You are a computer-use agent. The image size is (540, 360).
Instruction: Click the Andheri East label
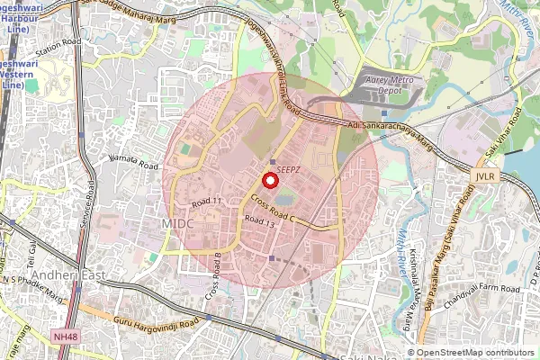[x=68, y=274]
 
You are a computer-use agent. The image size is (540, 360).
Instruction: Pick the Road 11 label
[x=206, y=202]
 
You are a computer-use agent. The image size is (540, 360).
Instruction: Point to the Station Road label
[x=58, y=43]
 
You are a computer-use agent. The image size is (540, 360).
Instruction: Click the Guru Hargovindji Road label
[x=156, y=320]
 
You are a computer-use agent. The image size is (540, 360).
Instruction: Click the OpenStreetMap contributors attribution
[x=476, y=353]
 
